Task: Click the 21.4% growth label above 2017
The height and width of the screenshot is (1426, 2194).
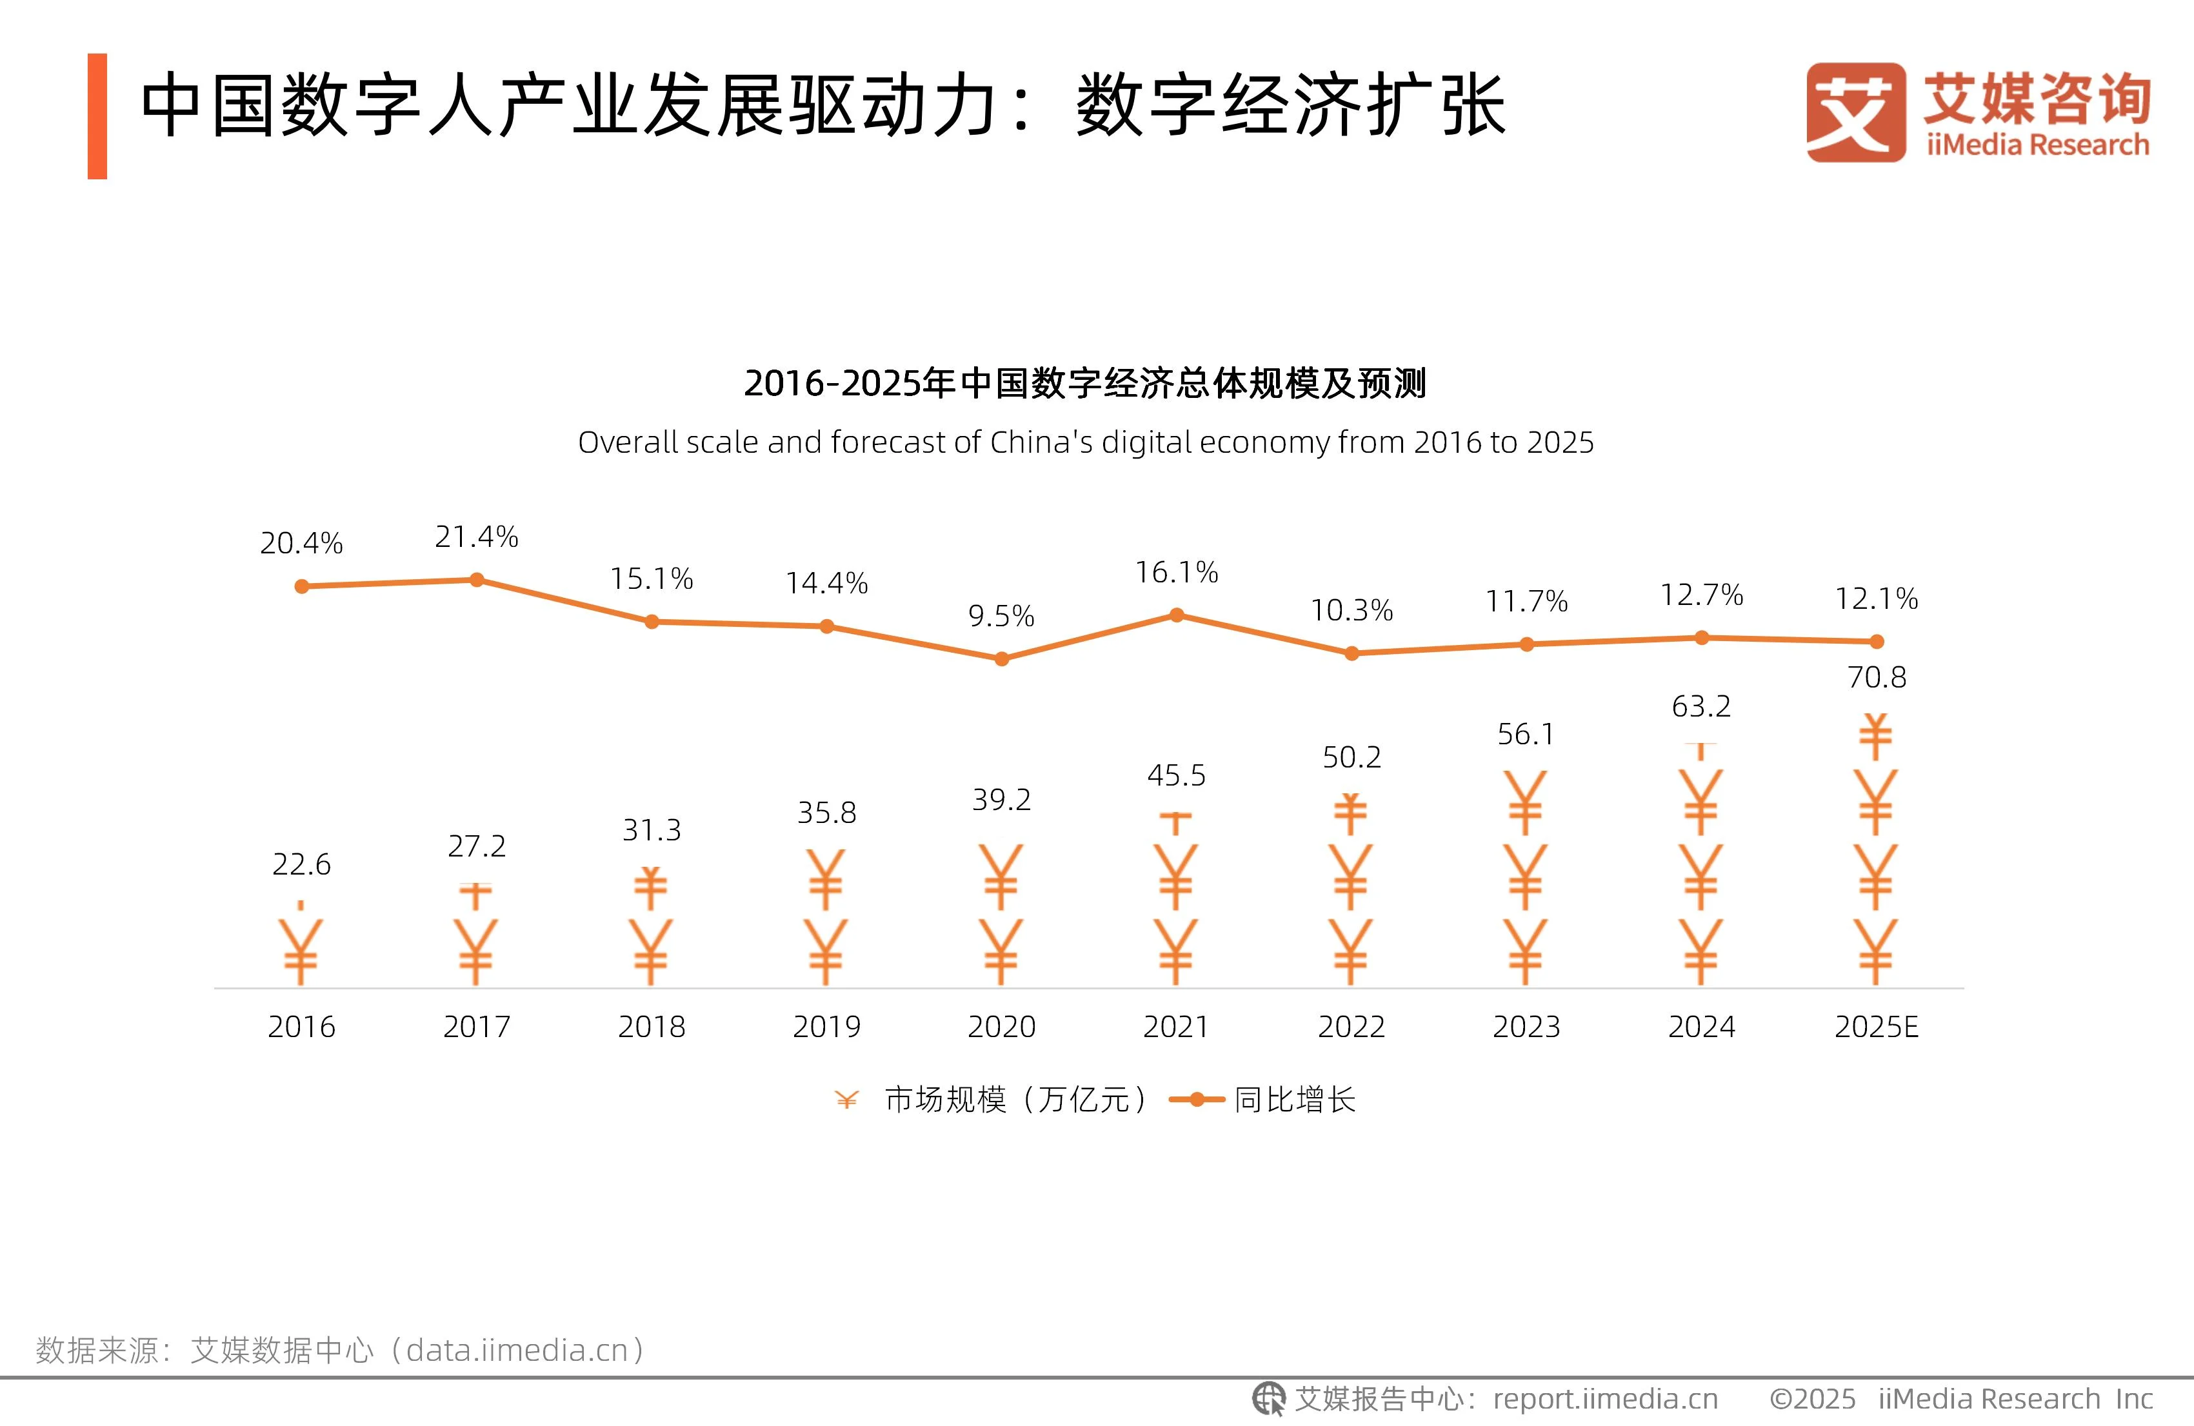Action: point(477,537)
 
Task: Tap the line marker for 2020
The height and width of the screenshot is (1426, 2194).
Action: point(1001,659)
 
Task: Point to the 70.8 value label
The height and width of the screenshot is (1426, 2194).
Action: point(1876,677)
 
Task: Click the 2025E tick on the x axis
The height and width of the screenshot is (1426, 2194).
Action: point(1876,1027)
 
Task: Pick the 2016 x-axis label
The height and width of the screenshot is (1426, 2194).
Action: point(301,1027)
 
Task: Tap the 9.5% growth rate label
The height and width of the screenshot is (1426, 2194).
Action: point(1001,616)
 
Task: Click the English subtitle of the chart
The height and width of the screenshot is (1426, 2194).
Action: point(1085,442)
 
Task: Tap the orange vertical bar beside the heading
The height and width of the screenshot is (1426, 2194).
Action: point(97,116)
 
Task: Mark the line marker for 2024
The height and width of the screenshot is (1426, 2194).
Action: point(1702,638)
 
